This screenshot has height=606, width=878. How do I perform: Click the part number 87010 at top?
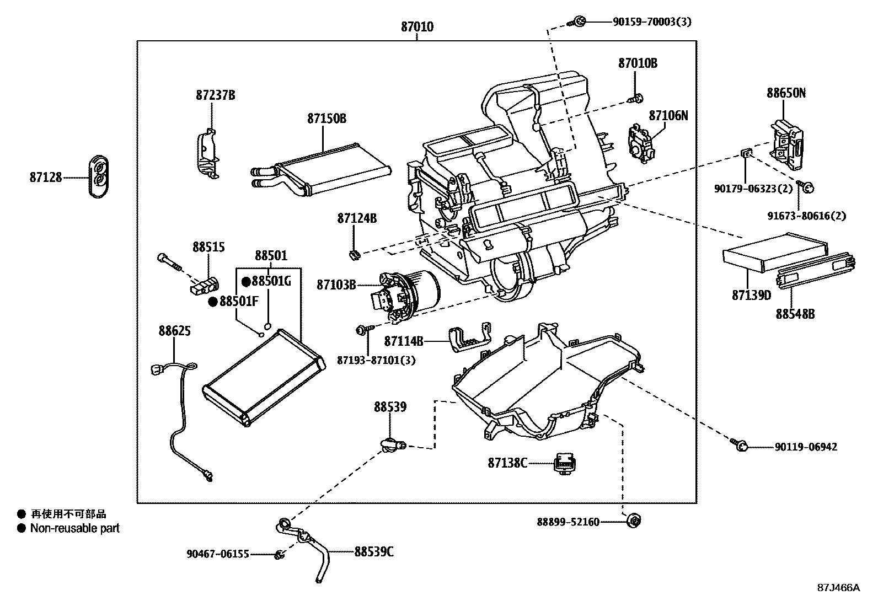pos(417,26)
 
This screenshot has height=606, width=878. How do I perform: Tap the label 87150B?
pos(326,118)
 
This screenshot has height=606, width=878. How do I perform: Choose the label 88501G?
pos(270,281)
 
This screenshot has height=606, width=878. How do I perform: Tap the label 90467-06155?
pos(217,554)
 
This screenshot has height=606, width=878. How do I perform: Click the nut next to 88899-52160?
pos(634,521)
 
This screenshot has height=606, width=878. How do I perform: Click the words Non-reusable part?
pos(74,528)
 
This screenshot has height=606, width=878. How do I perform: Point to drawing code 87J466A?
pos(838,588)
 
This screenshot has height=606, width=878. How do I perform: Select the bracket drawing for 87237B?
pos(207,154)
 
